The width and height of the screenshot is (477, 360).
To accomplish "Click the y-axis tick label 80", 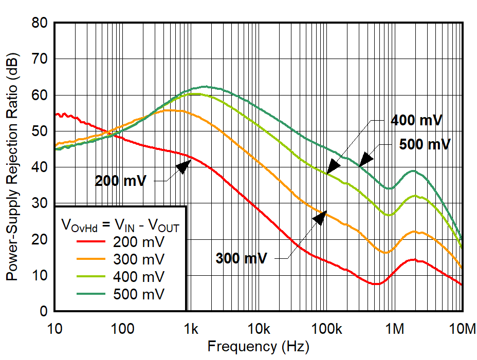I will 41,23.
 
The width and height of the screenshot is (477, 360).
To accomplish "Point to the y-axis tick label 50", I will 41,131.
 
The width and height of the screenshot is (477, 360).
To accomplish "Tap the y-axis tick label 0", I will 44,312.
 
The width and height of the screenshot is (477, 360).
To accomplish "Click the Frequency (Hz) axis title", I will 258,347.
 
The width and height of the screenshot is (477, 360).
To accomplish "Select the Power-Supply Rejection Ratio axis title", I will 12,167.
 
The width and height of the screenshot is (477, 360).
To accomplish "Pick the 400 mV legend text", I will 139,277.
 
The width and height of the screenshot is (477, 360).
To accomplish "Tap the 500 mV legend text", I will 139,294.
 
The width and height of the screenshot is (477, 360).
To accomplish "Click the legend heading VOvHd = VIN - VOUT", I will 120,224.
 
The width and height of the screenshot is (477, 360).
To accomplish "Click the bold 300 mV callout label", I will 242,258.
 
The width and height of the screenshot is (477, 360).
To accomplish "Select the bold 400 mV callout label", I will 417,121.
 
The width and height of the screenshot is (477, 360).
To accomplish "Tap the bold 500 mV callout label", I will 425,144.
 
